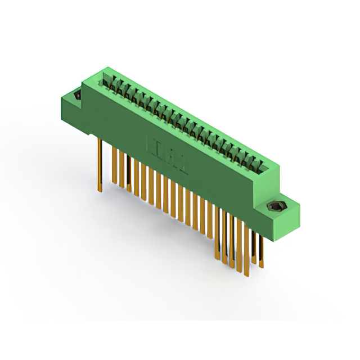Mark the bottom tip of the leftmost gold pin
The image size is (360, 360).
coord(100,190)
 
